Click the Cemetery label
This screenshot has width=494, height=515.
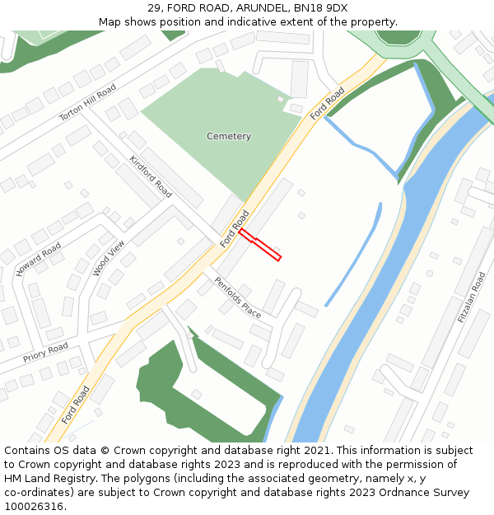coord(229,136)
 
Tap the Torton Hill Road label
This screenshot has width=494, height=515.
coord(87,103)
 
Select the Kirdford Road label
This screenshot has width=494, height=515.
coord(151,176)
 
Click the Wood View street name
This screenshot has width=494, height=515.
coord(109,258)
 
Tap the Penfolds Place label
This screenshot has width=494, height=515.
coord(237,297)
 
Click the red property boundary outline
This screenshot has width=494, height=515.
coord(260,246)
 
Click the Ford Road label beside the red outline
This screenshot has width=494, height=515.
coord(235,229)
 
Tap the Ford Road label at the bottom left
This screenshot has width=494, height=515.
coord(75,405)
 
